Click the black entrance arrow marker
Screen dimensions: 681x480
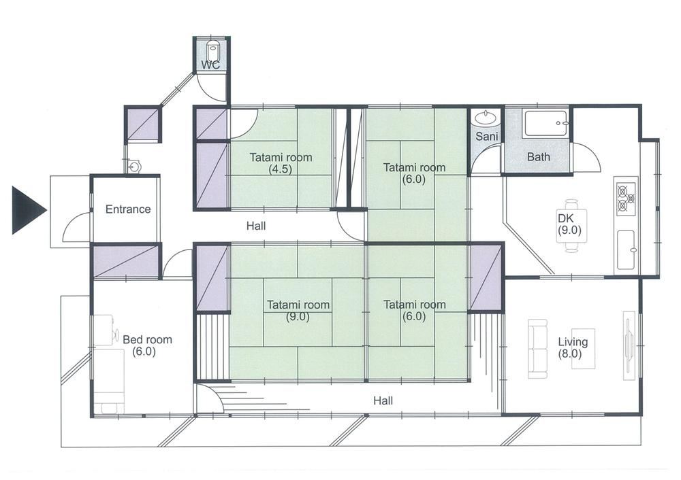[27, 210]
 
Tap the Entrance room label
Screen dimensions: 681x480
[128, 209]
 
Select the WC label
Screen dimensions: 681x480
[210, 65]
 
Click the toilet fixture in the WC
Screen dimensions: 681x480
[212, 51]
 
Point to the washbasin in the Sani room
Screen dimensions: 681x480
[486, 117]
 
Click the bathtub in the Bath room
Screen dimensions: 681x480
[546, 124]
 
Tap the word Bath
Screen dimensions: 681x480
[539, 157]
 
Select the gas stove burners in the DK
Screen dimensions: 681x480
[626, 198]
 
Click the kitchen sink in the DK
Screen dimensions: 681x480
[627, 250]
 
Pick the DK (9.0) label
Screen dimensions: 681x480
[569, 224]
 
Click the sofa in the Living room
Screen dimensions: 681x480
[538, 349]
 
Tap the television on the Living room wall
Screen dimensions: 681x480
[629, 345]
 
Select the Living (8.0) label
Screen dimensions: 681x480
[573, 347]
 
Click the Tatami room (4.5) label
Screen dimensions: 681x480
[281, 163]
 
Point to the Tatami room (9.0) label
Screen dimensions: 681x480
[298, 311]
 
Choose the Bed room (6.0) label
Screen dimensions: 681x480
[147, 345]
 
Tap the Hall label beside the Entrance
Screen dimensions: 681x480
[256, 226]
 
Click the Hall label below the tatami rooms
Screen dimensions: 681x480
[383, 400]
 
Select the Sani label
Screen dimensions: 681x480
[486, 137]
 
